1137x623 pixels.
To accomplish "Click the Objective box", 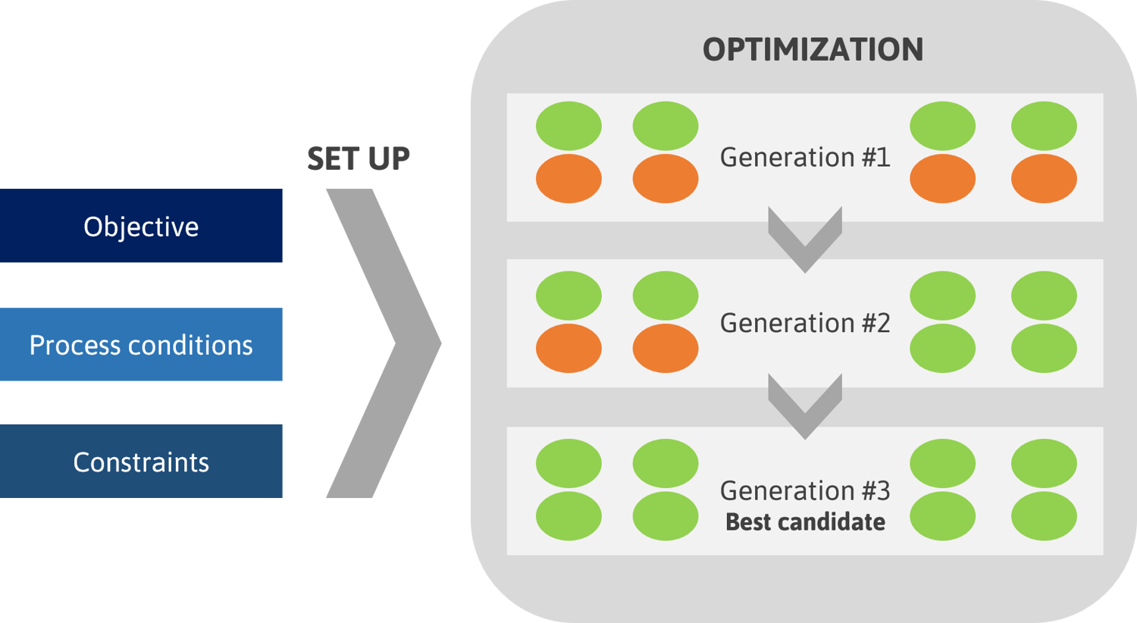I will point(141,226).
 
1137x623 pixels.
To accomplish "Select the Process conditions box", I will point(141,345).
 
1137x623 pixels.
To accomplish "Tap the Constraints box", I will point(141,462).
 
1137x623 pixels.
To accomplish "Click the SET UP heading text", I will point(359,158).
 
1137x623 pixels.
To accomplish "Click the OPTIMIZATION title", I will point(813,50).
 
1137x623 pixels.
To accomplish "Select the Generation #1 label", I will point(804,157).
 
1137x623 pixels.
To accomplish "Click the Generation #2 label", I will point(804,323).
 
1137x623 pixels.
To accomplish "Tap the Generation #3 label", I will point(804,490).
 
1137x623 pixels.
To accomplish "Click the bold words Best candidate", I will point(805,522).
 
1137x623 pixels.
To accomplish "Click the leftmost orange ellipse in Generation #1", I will point(568,179).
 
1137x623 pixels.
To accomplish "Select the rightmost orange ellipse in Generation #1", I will point(1044,179).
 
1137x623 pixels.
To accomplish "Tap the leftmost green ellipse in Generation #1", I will point(568,126).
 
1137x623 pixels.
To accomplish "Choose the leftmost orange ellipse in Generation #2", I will point(568,348).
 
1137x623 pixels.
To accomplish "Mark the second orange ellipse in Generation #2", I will point(665,348).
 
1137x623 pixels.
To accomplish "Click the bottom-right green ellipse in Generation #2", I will point(1044,348).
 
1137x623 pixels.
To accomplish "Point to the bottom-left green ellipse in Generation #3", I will point(568,516).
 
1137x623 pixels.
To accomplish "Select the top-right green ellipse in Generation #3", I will point(1044,463).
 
